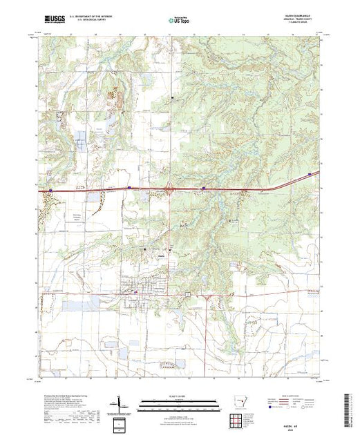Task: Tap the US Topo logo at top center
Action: pyautogui.click(x=180, y=21)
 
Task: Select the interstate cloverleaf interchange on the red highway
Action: pyautogui.click(x=170, y=186)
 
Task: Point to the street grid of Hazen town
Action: pyautogui.click(x=138, y=287)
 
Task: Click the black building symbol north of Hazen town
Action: pyautogui.click(x=144, y=249)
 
